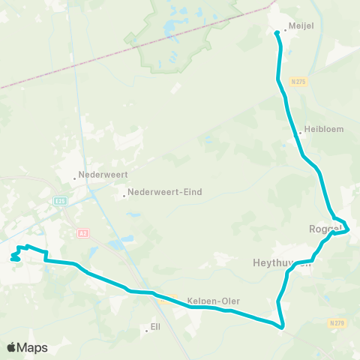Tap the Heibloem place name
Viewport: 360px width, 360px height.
coord(324,129)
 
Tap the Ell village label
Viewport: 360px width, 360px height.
coord(155,327)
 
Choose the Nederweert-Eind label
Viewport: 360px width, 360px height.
coord(165,192)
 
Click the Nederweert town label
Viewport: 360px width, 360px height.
coord(103,175)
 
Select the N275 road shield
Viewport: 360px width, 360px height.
coord(299,81)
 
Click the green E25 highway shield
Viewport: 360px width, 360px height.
coord(60,201)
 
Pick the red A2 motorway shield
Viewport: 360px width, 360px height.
coord(82,233)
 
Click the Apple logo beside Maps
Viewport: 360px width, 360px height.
coord(11,347)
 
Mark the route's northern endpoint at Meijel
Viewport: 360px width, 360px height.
coord(276,32)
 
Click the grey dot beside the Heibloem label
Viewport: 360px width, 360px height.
coord(300,133)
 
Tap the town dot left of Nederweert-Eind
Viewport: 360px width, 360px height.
coord(124,196)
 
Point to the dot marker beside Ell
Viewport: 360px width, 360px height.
coord(146,330)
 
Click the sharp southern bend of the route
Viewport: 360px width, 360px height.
coord(282,328)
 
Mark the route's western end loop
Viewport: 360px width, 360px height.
coord(15,258)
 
